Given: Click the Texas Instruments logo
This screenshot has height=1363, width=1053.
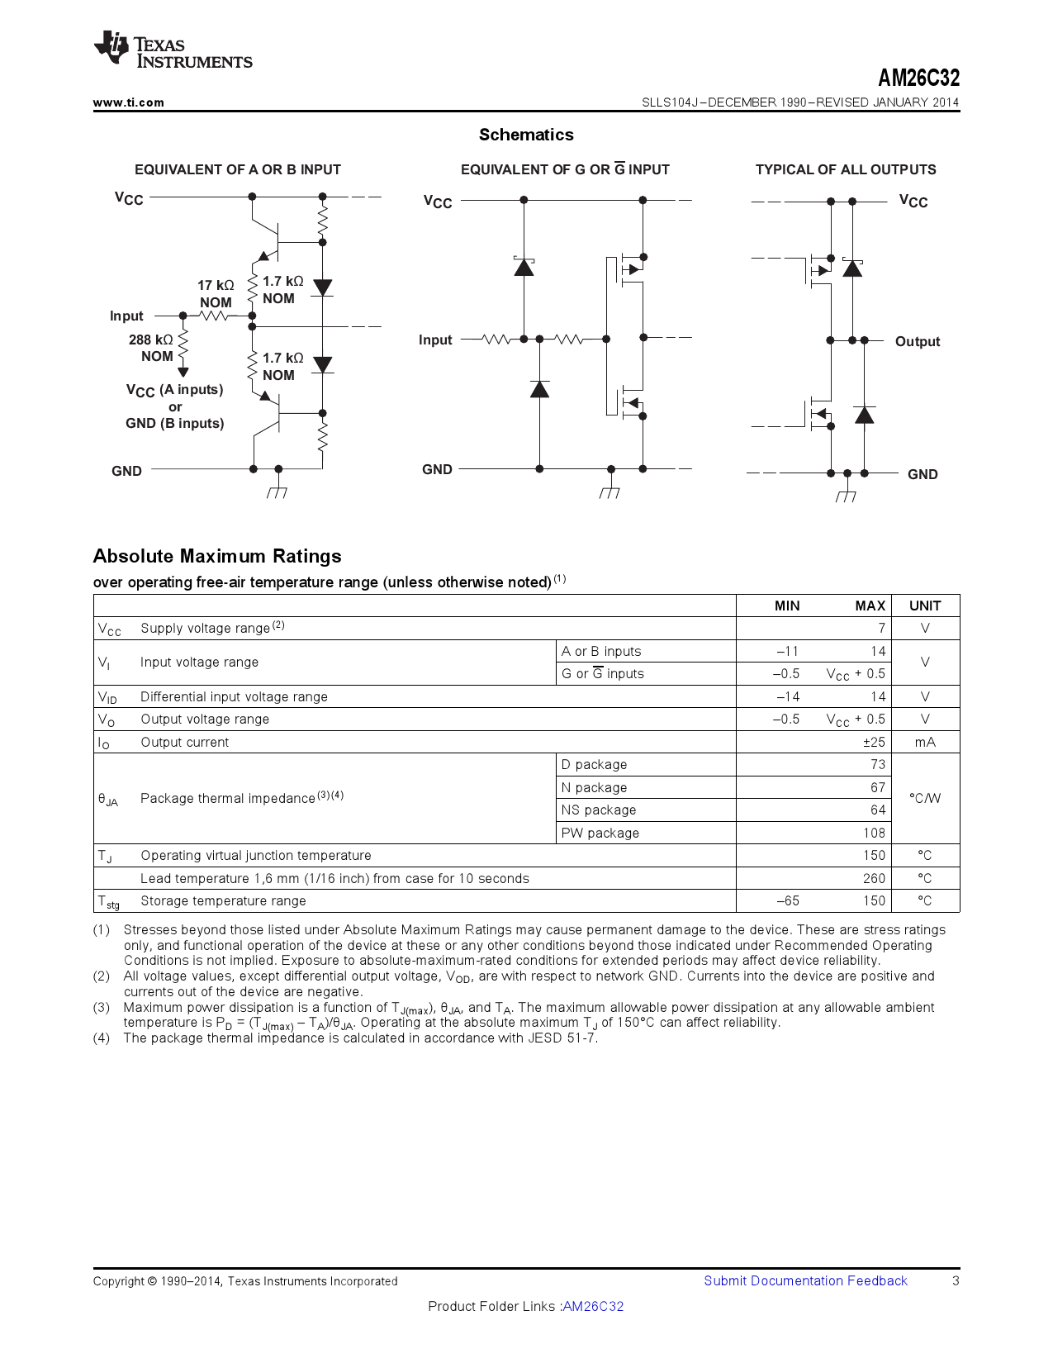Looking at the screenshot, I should point(173,52).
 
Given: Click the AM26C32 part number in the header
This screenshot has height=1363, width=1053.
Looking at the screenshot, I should point(918,78).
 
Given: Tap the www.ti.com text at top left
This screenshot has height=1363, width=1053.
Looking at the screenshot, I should point(128,102).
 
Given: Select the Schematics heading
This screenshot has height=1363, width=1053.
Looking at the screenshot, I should point(526,135).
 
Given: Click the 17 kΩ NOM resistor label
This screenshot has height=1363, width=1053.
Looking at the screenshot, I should point(215,294).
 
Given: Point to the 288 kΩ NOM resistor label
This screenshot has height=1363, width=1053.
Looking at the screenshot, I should point(152,348).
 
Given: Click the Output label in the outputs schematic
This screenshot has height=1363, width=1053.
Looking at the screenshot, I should point(917,342).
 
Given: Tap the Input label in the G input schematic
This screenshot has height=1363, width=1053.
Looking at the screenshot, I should point(435,340).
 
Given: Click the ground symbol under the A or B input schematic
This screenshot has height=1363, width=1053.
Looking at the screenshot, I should point(277,492).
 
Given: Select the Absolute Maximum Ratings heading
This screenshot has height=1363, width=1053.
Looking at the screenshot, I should point(217,556).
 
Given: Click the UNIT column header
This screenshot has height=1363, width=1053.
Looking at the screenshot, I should point(925,606).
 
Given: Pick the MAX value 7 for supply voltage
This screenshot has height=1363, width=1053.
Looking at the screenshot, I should point(881,629).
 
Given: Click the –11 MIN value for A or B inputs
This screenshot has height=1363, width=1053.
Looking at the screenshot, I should point(788,652).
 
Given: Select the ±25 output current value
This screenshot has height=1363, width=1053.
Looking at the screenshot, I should point(874,743).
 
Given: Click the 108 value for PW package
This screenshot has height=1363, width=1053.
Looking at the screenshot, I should point(874,833).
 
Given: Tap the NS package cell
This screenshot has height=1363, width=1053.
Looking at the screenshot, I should point(598,810).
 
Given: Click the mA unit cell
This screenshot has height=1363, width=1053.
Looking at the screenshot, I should point(925,743).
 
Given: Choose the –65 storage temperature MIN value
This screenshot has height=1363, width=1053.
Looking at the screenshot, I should point(788,901).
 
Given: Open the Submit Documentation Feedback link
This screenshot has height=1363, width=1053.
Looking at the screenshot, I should point(805,1281).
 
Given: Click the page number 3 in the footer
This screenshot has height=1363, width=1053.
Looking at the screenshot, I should point(956,1281).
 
